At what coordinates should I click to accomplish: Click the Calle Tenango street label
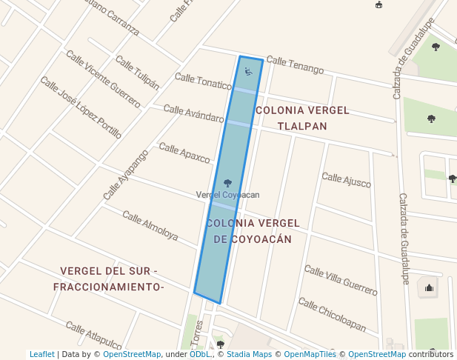tap(295, 64)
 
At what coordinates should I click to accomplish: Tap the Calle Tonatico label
tap(203, 80)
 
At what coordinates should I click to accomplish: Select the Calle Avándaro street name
tap(193, 113)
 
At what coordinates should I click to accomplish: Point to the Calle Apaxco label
tap(184, 153)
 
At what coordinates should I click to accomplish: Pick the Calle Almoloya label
tap(150, 226)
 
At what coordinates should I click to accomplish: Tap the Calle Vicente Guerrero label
tap(103, 79)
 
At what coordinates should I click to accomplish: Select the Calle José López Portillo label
tap(81, 107)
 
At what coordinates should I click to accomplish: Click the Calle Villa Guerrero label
tap(341, 281)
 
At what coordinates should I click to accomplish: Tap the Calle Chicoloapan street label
tap(332, 314)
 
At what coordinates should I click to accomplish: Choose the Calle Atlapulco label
tap(93, 336)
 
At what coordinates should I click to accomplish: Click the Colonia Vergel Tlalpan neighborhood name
tap(301, 118)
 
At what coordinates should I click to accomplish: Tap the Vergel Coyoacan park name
tap(227, 194)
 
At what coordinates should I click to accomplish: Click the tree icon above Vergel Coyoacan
tap(227, 182)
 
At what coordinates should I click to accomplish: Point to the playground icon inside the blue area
tap(248, 72)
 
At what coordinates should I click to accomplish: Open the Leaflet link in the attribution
tap(41, 355)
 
